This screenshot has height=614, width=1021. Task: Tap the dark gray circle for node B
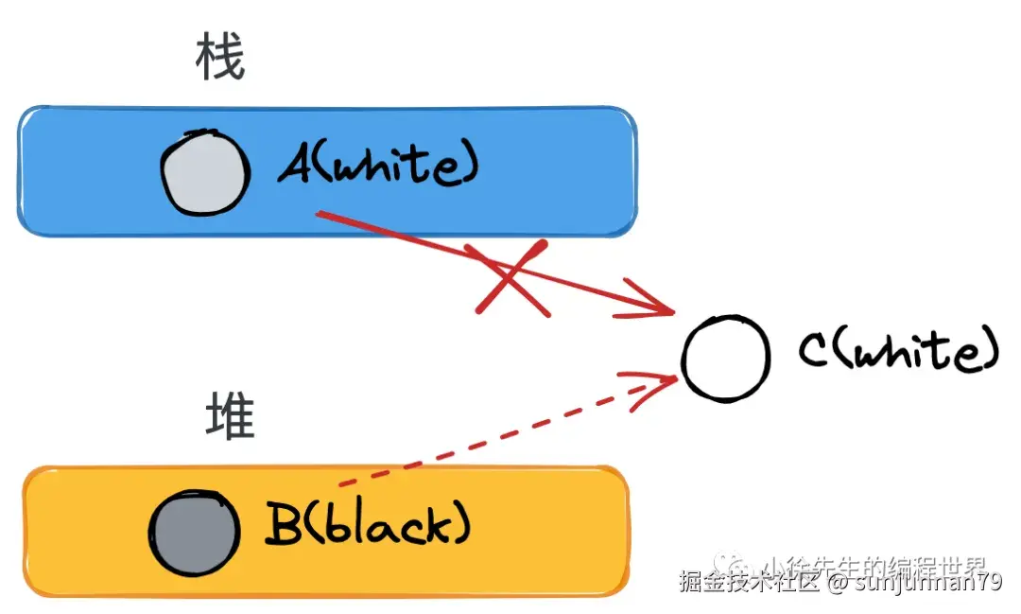point(195,533)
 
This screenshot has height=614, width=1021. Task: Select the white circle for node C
point(725,359)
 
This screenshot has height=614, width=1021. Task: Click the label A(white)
point(378,167)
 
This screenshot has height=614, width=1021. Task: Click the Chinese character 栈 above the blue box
point(219,61)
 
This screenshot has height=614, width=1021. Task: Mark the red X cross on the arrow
point(511,278)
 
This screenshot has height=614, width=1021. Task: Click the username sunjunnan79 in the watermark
point(928,583)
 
